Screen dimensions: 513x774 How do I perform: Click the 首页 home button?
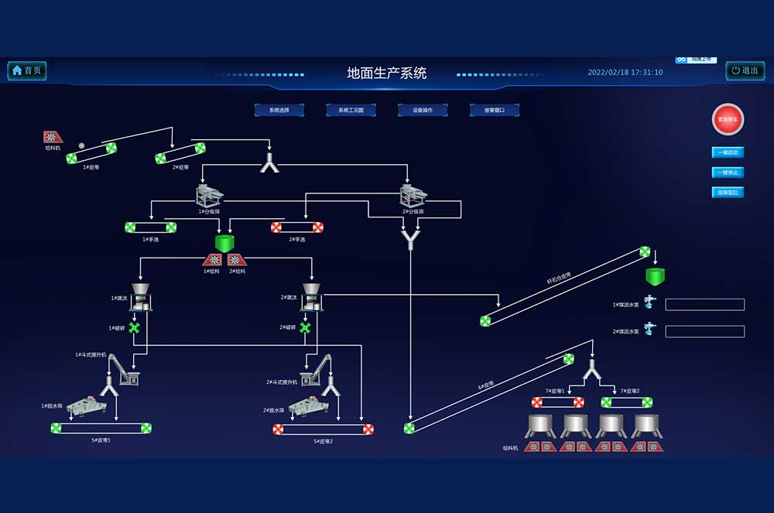coord(27,70)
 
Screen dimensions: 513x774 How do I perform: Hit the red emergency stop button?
coord(728,119)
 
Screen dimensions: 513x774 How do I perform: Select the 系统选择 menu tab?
coord(279,110)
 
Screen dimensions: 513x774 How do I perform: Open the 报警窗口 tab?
coord(494,110)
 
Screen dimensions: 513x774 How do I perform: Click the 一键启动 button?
coord(728,152)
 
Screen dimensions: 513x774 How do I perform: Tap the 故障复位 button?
coord(728,193)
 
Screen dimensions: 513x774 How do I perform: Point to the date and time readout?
coord(625,72)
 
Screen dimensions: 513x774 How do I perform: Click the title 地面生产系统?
coord(386,74)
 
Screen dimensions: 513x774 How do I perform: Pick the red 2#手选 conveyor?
coord(296,227)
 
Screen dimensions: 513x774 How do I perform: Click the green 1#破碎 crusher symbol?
coord(135,328)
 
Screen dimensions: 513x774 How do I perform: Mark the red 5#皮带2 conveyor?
coord(323,429)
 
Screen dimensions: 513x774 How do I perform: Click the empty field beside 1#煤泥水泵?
coord(704,305)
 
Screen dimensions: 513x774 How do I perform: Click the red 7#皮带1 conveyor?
coord(557,402)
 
